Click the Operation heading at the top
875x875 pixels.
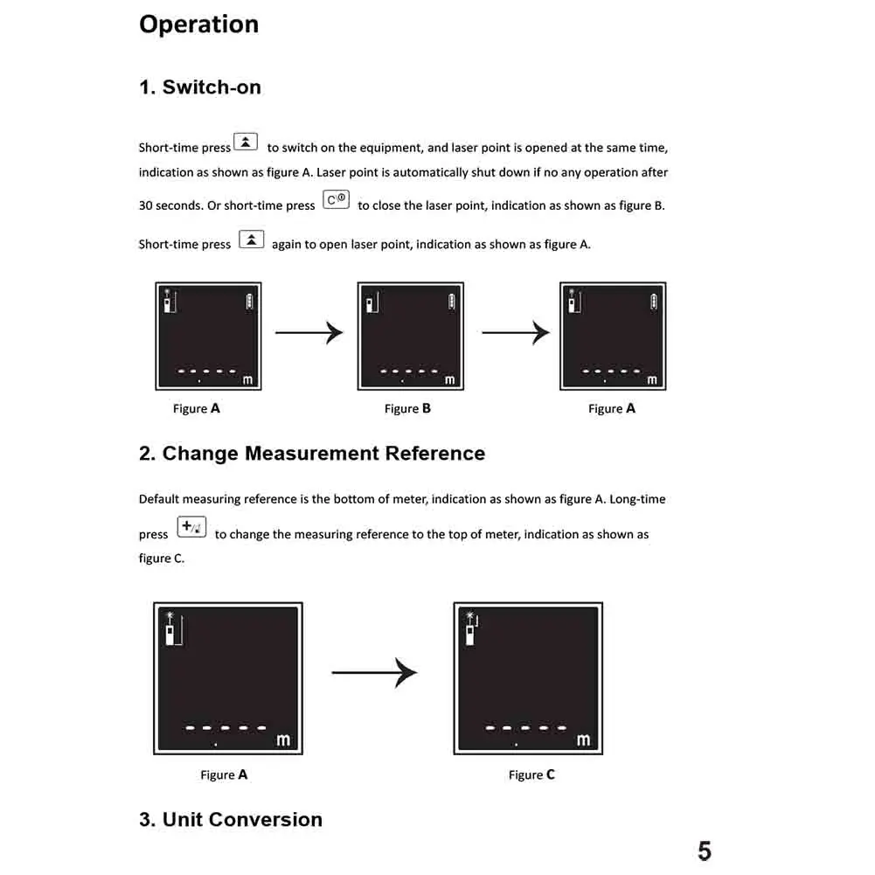(198, 24)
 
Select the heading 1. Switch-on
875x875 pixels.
(199, 87)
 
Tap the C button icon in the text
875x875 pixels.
(336, 200)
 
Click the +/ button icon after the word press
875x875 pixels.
(191, 527)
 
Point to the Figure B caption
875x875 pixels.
(407, 408)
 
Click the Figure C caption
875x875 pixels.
(531, 774)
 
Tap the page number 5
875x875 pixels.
(705, 851)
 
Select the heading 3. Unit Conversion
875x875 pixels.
(231, 820)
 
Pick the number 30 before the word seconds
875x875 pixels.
(146, 206)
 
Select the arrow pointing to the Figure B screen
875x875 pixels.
(309, 332)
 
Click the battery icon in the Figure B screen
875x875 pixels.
(451, 302)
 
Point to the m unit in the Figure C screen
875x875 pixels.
(583, 740)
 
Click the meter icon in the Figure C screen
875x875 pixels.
(470, 628)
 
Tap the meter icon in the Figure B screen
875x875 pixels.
(371, 303)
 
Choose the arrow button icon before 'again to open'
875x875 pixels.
(251, 239)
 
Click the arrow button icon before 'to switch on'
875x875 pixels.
(247, 142)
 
